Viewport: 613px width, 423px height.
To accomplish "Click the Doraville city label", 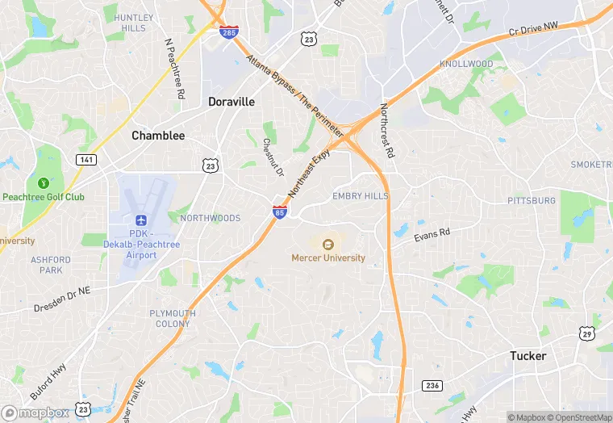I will tap(231, 102).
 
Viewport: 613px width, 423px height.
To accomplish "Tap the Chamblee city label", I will tap(158, 136).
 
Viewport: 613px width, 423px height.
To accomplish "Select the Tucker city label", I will tap(528, 355).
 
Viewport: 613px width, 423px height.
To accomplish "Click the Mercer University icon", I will tap(328, 244).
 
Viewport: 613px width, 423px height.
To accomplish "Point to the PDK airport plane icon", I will tap(141, 220).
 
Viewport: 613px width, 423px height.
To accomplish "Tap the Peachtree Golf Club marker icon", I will tap(43, 183).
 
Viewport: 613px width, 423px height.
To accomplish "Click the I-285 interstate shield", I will tap(229, 32).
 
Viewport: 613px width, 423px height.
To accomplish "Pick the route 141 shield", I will tap(86, 160).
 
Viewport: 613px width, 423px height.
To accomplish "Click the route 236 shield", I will tap(432, 385).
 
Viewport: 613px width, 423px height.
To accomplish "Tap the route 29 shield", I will tap(586, 333).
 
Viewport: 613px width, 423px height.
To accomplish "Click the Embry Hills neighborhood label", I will tap(361, 196).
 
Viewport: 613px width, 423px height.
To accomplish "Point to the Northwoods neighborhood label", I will tap(210, 218).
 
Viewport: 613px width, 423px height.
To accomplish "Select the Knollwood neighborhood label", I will tap(466, 64).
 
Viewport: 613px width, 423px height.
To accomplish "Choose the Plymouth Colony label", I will tap(172, 318).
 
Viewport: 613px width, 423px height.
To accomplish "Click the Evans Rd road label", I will tap(432, 235).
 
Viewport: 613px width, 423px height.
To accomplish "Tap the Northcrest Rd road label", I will tap(388, 132).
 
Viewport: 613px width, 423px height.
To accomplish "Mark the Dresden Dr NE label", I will tap(62, 299).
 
